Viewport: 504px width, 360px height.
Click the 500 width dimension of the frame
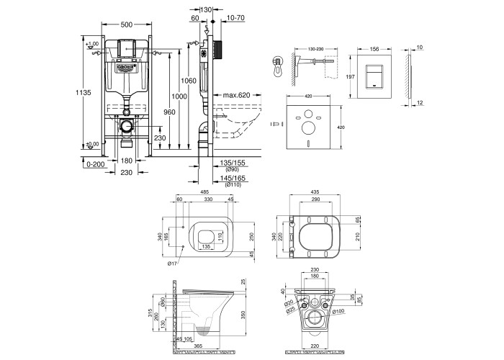(x=126, y=24)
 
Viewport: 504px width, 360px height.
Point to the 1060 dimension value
(x=189, y=80)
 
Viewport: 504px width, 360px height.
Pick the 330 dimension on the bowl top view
(x=208, y=199)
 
